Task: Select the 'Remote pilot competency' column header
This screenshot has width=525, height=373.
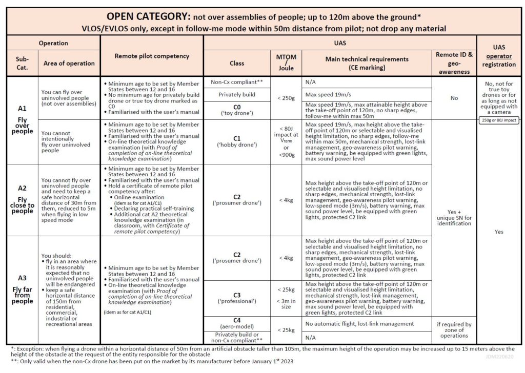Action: click(x=152, y=56)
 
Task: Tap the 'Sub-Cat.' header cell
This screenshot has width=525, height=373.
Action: click(x=22, y=63)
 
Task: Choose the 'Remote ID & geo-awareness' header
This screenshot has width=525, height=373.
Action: click(x=454, y=63)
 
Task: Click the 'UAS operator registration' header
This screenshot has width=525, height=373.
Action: click(x=499, y=57)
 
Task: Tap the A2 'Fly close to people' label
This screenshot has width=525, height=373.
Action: click(x=22, y=199)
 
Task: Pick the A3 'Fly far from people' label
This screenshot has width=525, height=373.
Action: click(x=22, y=289)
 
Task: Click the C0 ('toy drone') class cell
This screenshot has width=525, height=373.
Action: click(x=237, y=109)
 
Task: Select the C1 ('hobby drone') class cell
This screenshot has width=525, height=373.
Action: click(x=237, y=141)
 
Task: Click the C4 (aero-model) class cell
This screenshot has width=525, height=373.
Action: click(x=237, y=323)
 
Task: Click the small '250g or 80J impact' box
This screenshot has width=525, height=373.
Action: click(x=499, y=120)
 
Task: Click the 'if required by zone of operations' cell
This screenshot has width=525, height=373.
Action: click(x=454, y=330)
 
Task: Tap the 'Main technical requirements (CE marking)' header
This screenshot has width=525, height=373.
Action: click(x=367, y=63)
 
